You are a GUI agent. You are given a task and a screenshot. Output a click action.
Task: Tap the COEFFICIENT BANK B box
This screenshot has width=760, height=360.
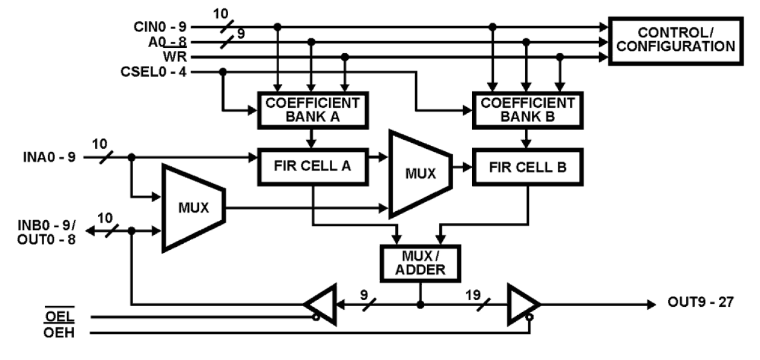click(526, 110)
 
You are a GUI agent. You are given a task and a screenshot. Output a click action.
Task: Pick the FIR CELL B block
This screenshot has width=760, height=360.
click(528, 166)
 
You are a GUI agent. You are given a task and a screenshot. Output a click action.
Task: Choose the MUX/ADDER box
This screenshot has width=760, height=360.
click(421, 262)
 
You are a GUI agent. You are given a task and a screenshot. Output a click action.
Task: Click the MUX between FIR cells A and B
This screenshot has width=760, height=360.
click(419, 173)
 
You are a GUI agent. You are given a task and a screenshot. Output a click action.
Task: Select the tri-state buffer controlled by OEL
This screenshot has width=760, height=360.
click(321, 304)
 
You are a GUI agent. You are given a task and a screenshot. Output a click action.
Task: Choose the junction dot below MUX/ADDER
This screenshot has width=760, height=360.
click(421, 304)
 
